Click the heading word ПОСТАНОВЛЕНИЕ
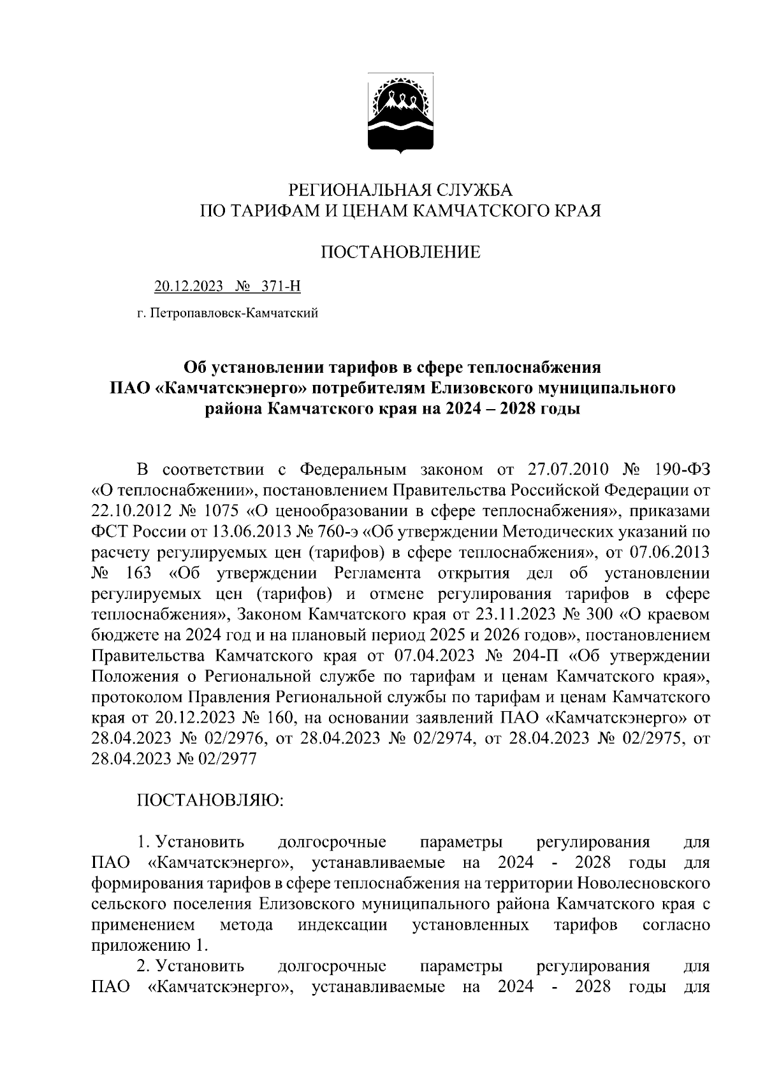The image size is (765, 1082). [400, 252]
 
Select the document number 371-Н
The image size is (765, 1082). [279, 287]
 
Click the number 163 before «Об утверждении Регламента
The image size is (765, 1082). [138, 573]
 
